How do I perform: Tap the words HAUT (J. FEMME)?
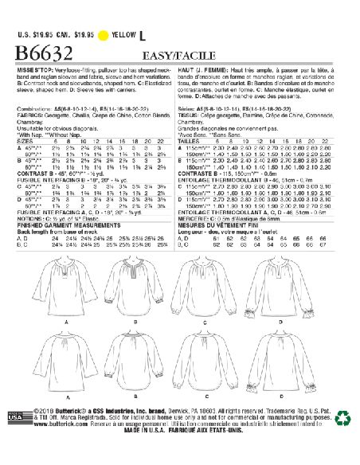pyautogui.click(x=205, y=69)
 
